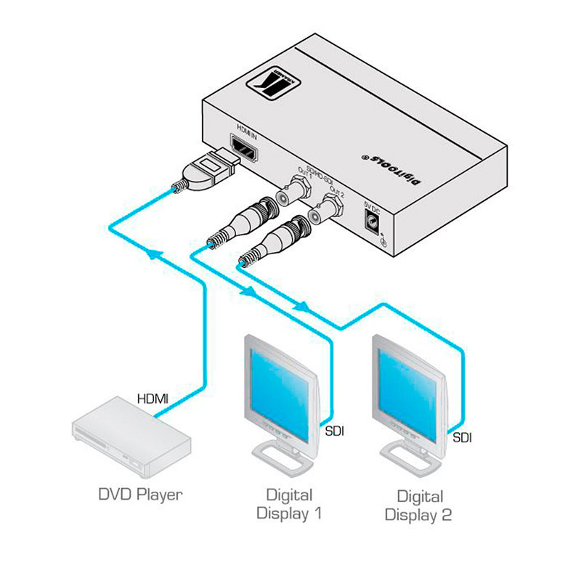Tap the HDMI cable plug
[x=206, y=169]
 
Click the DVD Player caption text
[x=140, y=495]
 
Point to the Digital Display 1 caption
[x=289, y=505]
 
